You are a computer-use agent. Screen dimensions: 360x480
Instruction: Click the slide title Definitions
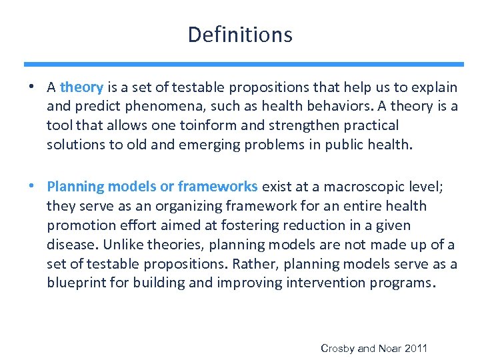point(240,34)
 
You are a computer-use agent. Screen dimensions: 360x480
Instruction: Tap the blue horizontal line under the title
point(243,64)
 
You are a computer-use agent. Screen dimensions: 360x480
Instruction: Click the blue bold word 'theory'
point(81,87)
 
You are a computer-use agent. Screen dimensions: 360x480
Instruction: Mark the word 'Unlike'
point(113,245)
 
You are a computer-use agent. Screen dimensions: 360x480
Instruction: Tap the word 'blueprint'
point(74,283)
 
